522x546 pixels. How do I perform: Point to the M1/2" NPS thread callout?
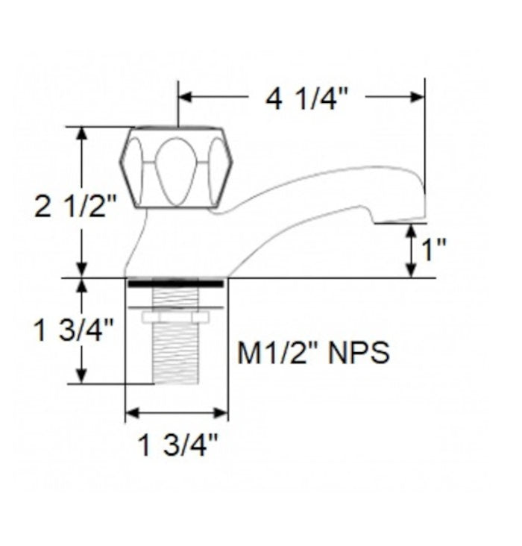click(x=313, y=353)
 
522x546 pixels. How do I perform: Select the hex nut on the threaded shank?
click(x=176, y=317)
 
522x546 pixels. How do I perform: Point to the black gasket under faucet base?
click(x=176, y=284)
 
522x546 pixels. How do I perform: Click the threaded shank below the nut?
click(x=176, y=354)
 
